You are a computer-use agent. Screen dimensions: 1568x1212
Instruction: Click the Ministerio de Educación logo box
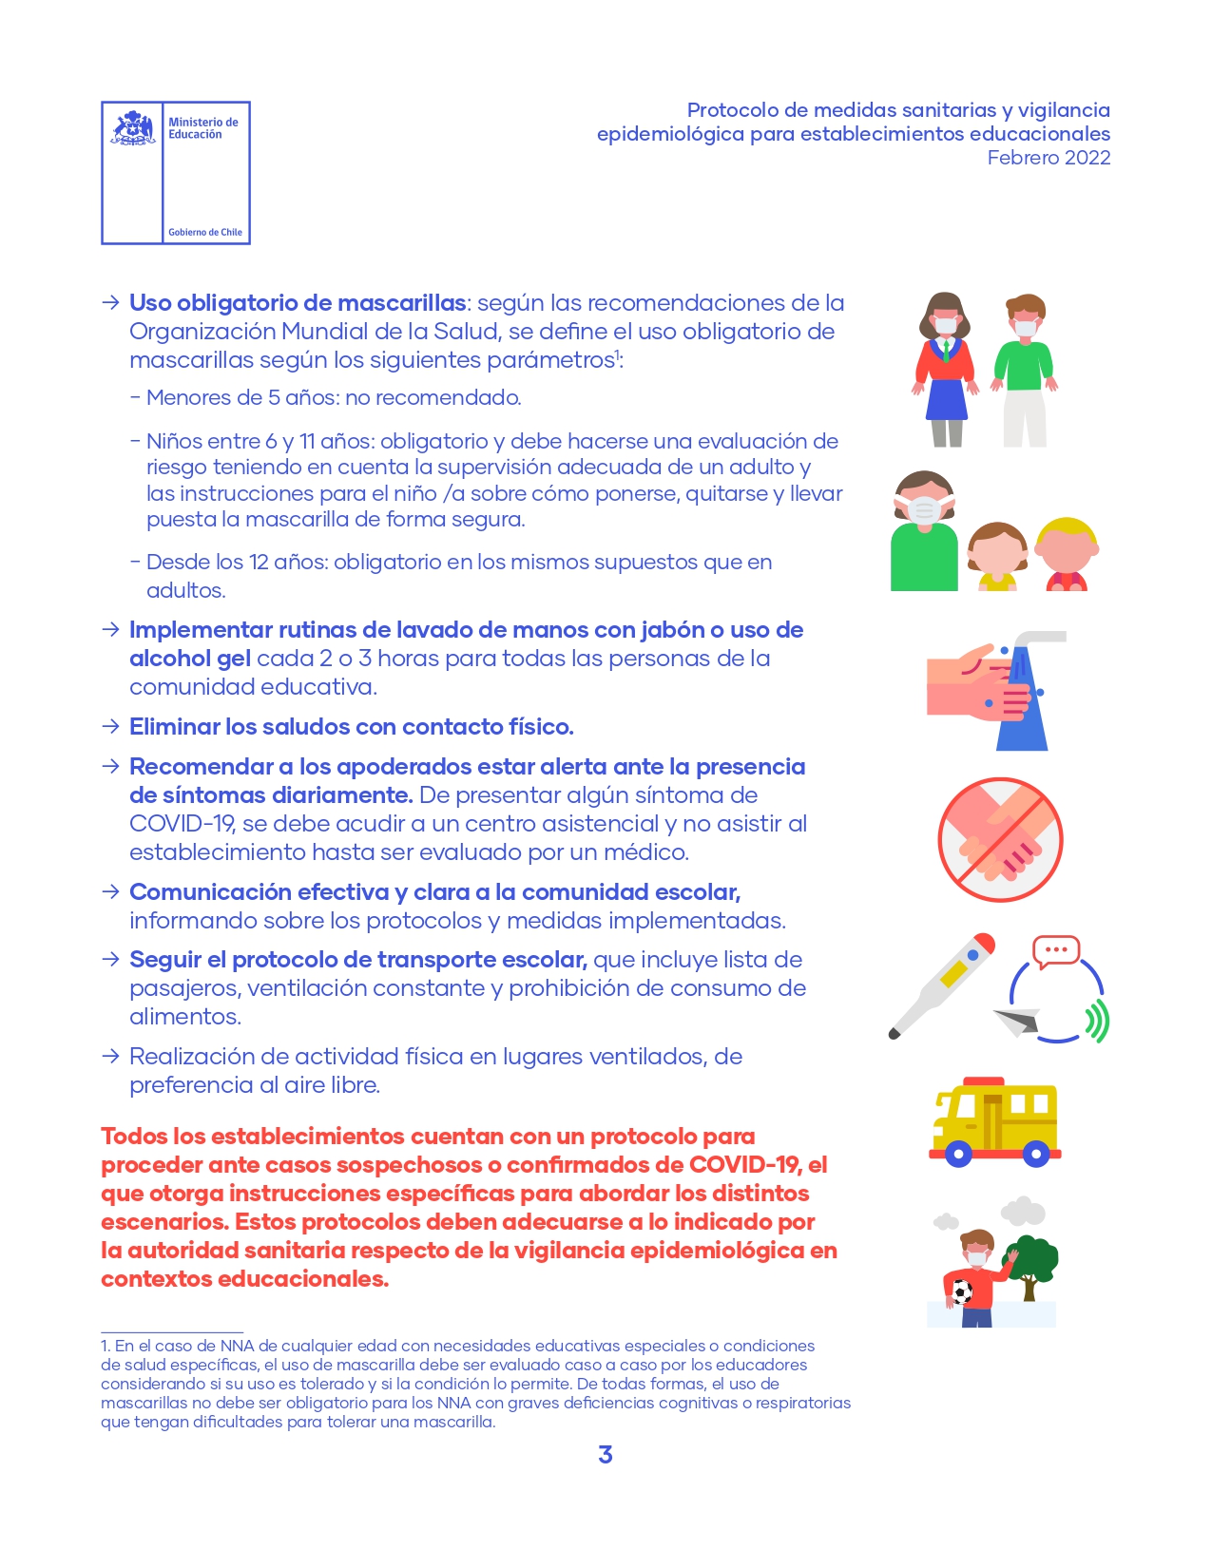[176, 173]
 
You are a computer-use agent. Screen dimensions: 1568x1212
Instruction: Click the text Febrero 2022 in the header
[1048, 158]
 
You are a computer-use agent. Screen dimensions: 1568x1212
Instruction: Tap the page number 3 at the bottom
[606, 1454]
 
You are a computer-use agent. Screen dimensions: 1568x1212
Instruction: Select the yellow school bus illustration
[994, 1121]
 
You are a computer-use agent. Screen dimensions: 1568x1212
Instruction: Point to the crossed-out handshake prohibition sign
[1000, 840]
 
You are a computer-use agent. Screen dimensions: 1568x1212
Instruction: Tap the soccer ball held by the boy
[961, 1292]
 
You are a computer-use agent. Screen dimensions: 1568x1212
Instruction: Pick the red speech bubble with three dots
[1056, 950]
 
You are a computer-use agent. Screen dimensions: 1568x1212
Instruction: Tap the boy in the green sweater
[1025, 371]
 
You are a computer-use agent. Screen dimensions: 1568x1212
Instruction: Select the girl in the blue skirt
[946, 371]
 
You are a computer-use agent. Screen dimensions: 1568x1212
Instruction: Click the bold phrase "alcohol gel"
[189, 659]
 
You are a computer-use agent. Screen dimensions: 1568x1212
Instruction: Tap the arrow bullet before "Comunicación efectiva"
[111, 891]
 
